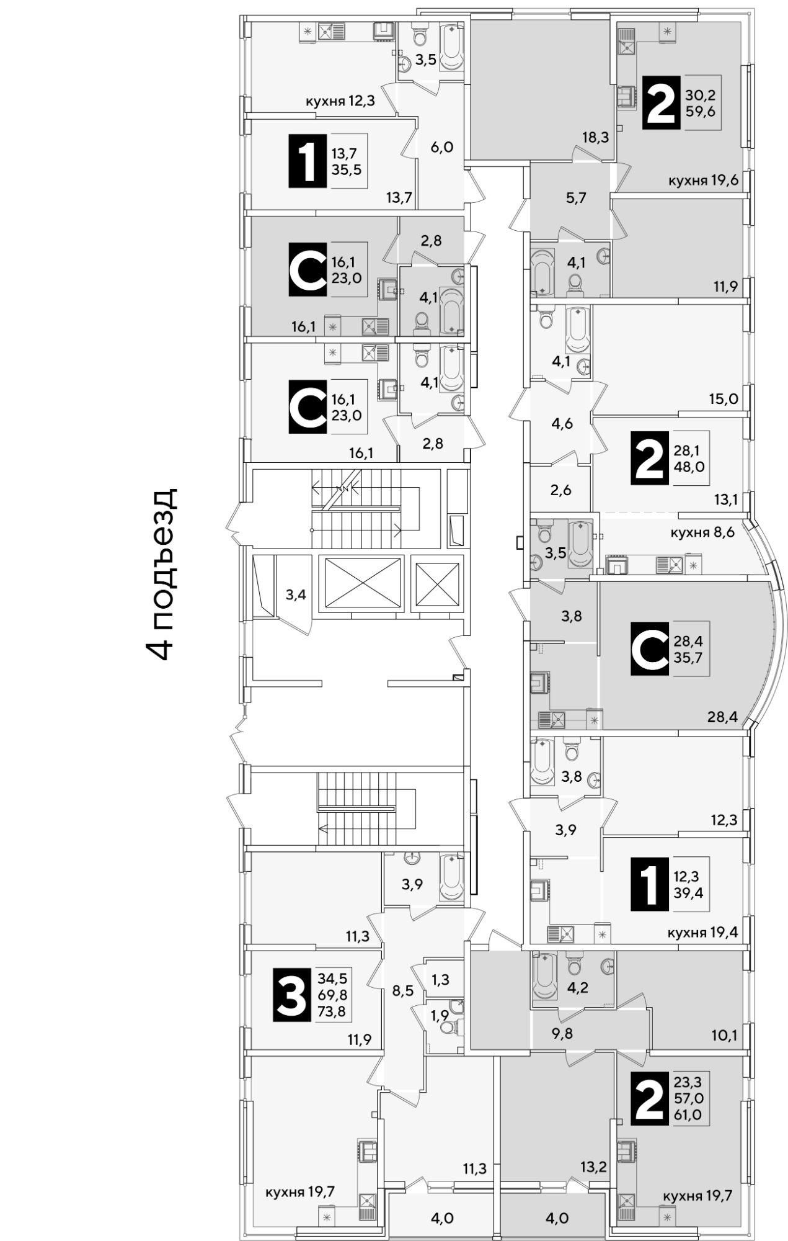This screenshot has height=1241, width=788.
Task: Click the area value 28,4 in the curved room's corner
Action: [x=722, y=717]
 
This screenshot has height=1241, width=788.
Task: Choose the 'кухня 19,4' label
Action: [x=702, y=931]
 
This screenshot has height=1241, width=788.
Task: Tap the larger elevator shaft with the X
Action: [x=360, y=583]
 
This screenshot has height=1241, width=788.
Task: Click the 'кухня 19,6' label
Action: [x=703, y=181]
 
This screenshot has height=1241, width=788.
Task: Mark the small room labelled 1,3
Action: [x=440, y=979]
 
